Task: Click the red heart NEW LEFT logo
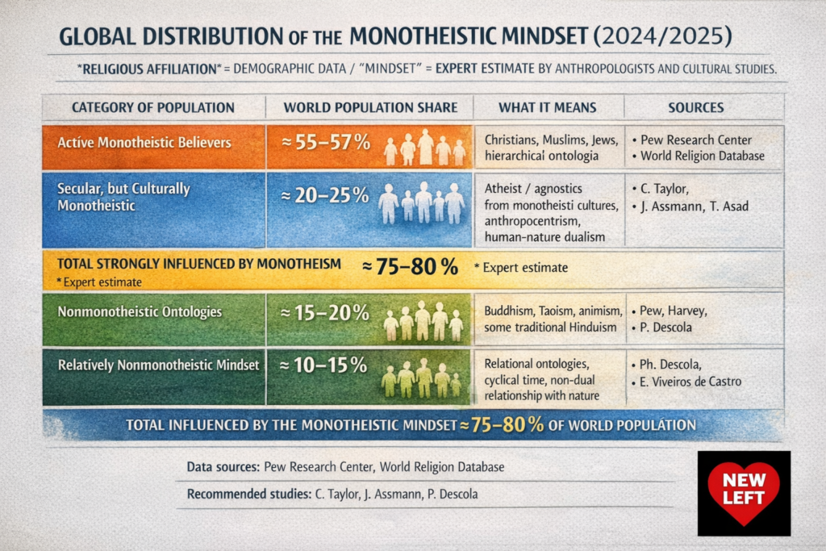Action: tap(743, 492)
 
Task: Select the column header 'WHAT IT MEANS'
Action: tap(547, 107)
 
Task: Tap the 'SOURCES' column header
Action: tap(695, 107)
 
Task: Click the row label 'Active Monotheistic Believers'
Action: tap(144, 143)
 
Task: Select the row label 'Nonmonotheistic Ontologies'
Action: tap(140, 312)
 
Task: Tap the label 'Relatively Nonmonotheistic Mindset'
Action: tap(158, 365)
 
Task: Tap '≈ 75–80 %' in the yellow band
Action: tap(411, 267)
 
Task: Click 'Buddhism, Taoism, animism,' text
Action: tap(553, 310)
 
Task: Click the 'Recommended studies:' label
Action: tap(246, 494)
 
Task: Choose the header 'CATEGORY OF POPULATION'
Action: tap(153, 107)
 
